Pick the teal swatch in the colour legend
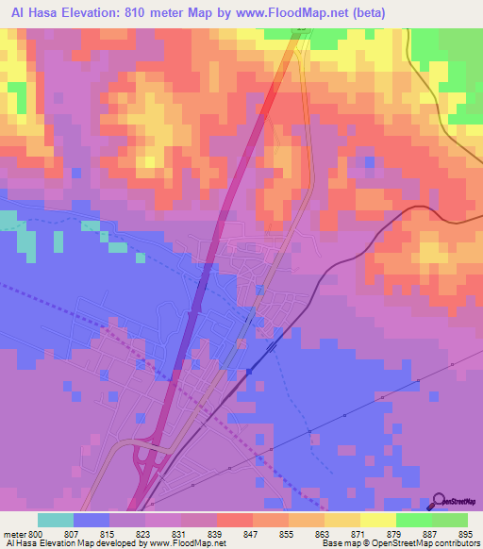point(56,520)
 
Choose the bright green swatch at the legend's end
point(450,520)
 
